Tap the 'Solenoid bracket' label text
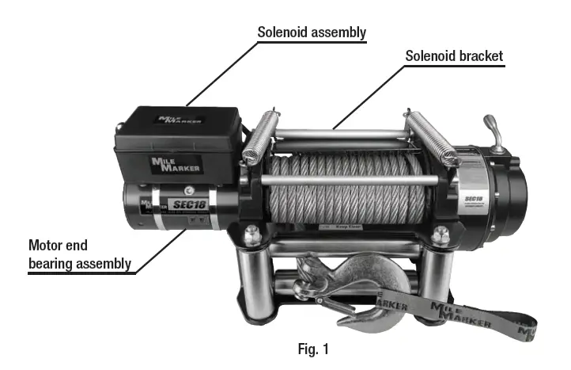click(454, 56)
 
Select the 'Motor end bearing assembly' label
click(79, 254)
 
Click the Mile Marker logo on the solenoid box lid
click(181, 120)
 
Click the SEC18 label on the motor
click(187, 204)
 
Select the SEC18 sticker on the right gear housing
click(474, 199)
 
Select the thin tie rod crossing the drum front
click(348, 181)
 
